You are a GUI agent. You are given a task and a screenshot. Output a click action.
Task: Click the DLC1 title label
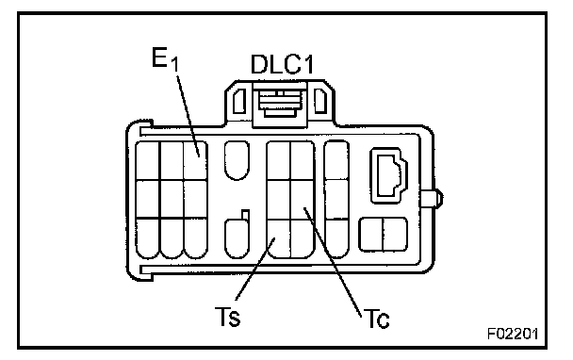pyautogui.click(x=282, y=65)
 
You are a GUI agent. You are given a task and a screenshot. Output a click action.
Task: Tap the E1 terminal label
pyautogui.click(x=165, y=59)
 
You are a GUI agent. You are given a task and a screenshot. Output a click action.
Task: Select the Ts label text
pyautogui.click(x=227, y=317)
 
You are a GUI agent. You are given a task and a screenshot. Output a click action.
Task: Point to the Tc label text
pyautogui.click(x=377, y=319)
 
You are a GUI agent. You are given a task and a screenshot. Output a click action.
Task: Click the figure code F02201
pyautogui.click(x=513, y=334)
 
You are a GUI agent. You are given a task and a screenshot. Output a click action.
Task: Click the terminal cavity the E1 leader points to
pyautogui.click(x=195, y=161)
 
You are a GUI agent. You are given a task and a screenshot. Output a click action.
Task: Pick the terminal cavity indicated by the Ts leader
pyautogui.click(x=279, y=237)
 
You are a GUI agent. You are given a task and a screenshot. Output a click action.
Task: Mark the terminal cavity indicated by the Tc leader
pyautogui.click(x=303, y=199)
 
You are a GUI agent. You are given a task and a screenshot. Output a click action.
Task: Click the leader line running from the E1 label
pyautogui.click(x=188, y=116)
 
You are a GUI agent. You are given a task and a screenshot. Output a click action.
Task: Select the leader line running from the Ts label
pyautogui.click(x=256, y=269)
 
